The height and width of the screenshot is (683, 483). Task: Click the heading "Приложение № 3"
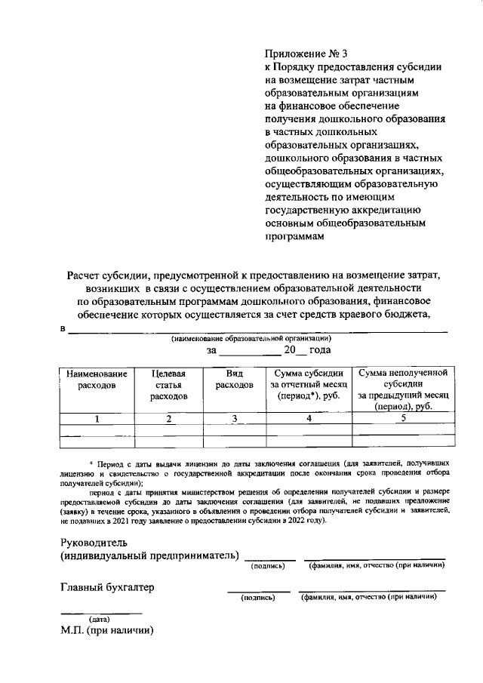point(297,54)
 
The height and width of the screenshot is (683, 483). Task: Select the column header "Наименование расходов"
point(96,379)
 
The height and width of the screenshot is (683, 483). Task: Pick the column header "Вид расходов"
point(235,379)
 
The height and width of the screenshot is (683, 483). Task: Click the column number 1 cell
point(96,419)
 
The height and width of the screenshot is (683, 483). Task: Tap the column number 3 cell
point(235,419)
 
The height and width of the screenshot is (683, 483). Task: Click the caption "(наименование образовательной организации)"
point(247,338)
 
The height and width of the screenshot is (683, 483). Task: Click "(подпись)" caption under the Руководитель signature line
point(268,566)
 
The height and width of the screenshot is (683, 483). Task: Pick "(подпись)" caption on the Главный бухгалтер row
point(258,597)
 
